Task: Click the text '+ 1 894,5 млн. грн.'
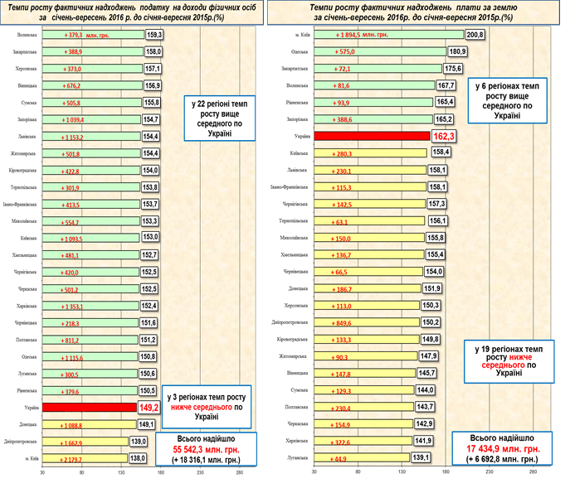[362, 35]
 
